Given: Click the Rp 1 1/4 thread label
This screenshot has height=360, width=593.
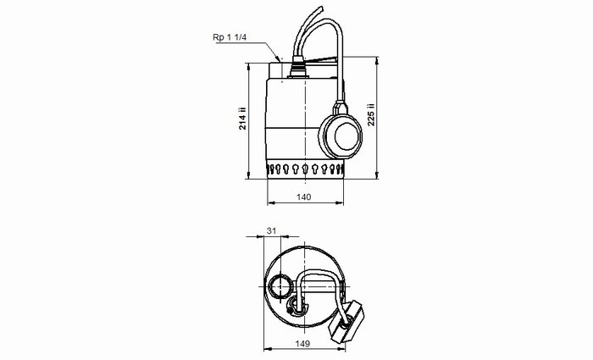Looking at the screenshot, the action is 230,37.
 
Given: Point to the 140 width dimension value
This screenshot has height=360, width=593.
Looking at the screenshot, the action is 303,197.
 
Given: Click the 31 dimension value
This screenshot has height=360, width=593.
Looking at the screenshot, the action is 272,230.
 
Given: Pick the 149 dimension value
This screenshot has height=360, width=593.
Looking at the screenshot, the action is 303,343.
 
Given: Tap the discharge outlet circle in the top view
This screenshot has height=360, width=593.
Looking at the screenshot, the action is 280,286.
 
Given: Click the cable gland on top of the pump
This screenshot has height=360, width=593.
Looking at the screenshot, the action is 298,67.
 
